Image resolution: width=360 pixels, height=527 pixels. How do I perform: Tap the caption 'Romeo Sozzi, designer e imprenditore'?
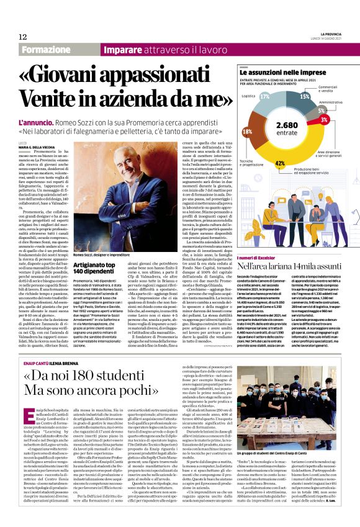point(101,254)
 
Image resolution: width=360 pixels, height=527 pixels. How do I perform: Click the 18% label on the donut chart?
point(248,132)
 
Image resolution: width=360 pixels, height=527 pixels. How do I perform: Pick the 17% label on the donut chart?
point(265,97)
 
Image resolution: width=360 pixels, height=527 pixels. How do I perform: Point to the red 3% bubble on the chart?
point(324,119)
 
